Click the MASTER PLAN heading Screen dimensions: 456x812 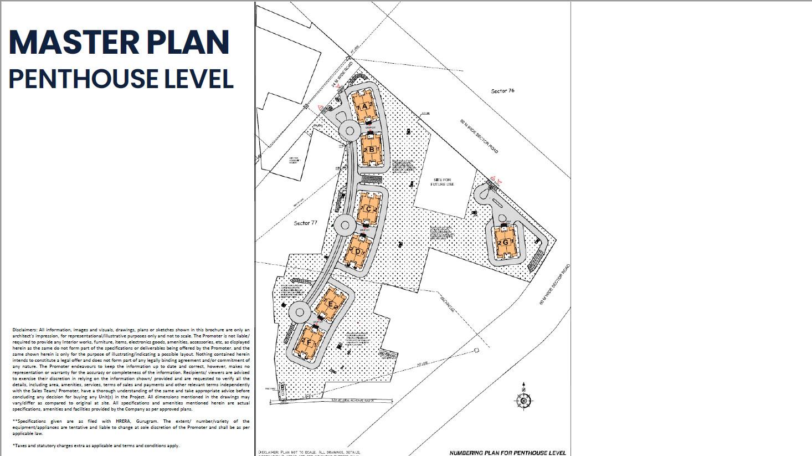click(119, 42)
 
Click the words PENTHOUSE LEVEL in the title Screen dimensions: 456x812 click(121, 79)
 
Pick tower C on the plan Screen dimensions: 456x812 click(367, 209)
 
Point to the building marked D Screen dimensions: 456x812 click(358, 251)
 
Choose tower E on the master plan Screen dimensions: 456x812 click(331, 304)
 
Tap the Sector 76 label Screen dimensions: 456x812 click(502, 91)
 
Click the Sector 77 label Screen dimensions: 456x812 click(306, 223)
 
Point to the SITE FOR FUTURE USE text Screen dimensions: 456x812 click(443, 182)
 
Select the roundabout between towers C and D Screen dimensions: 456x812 click(345, 225)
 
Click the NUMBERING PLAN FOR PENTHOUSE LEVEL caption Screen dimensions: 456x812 click(507, 452)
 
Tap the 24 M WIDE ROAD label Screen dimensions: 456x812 click(342, 75)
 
